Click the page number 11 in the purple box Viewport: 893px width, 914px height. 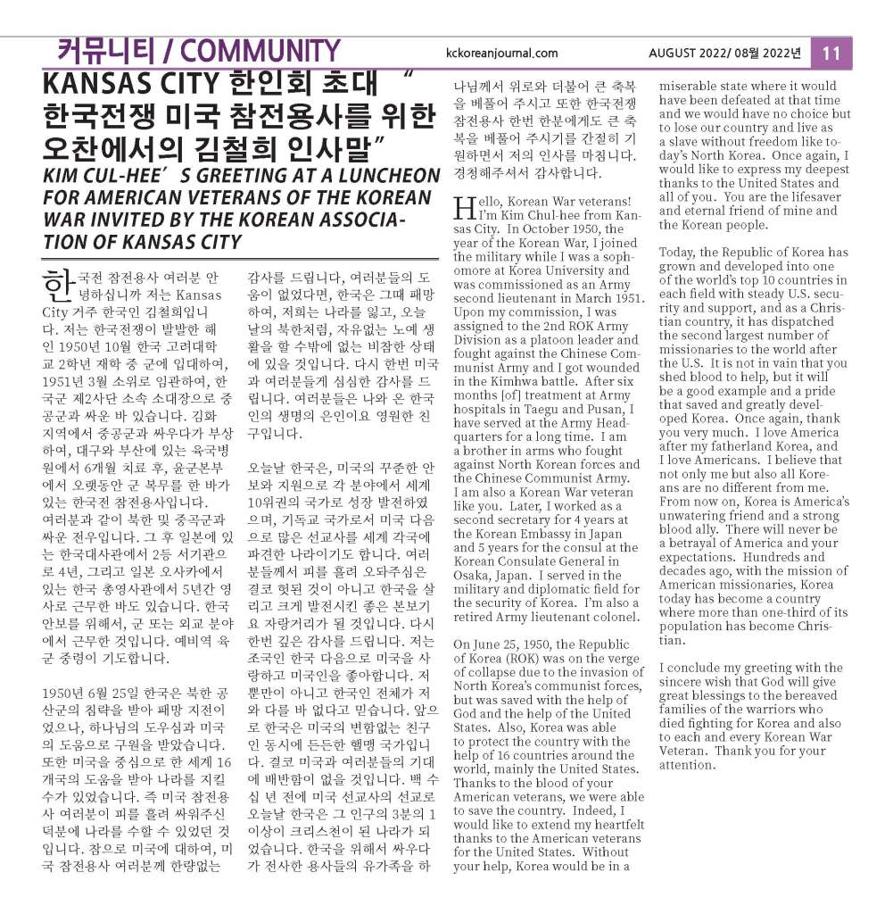coord(831,53)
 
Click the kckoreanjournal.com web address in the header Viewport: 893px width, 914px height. coord(501,54)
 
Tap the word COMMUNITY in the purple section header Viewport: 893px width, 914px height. coord(259,51)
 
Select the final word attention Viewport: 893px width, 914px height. coord(687,766)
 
